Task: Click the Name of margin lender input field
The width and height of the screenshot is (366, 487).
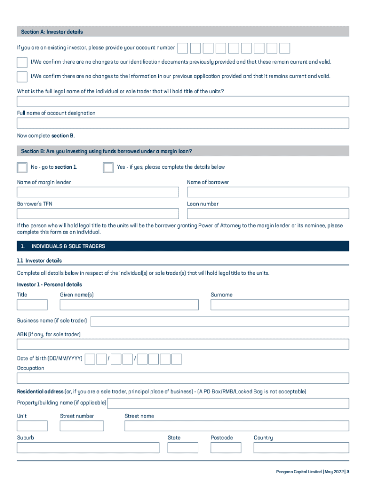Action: [x=98, y=192]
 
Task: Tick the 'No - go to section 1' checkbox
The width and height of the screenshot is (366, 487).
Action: [x=22, y=167]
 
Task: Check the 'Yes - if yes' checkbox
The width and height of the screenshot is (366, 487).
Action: [x=108, y=167]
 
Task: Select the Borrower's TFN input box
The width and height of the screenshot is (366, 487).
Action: [x=98, y=214]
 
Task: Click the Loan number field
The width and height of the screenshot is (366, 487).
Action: [x=268, y=214]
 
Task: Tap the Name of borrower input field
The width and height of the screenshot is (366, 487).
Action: [x=268, y=192]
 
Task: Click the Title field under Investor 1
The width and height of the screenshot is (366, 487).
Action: [x=32, y=305]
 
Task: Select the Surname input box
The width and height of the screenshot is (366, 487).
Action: [x=279, y=305]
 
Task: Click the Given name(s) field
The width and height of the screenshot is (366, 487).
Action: [x=129, y=305]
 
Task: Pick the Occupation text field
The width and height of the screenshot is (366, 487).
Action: [x=183, y=379]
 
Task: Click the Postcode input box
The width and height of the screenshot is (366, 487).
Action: [x=226, y=448]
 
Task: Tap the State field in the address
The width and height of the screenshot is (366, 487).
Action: [x=183, y=448]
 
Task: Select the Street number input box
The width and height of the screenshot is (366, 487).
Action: [x=81, y=426]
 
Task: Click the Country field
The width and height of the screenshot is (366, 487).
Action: [x=301, y=448]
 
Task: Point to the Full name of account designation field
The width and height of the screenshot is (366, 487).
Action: [x=183, y=123]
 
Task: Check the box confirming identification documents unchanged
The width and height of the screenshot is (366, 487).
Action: [x=22, y=62]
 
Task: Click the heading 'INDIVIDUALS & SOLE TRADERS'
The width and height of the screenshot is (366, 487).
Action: [x=68, y=246]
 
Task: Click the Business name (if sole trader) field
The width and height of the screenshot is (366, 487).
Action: [x=220, y=321]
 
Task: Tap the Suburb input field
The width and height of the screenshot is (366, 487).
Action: [x=88, y=448]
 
